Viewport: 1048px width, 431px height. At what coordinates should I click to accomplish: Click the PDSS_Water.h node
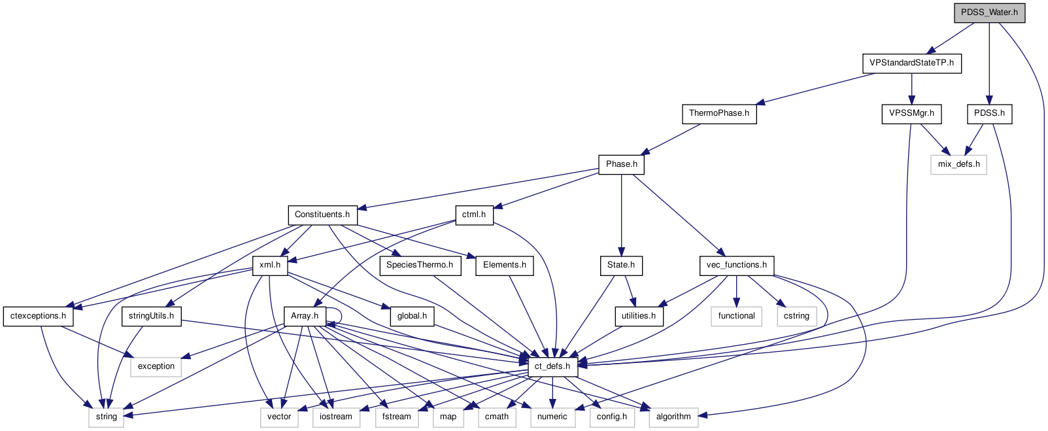[x=989, y=12]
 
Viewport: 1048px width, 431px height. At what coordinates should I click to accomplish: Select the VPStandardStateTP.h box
[x=911, y=63]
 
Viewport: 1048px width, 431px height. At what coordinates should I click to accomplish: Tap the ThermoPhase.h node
[x=718, y=113]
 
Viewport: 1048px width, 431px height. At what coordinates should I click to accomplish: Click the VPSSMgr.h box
[x=911, y=113]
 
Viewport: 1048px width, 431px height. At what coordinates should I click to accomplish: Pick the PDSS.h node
[x=989, y=113]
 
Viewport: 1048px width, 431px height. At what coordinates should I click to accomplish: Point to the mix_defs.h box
[x=958, y=164]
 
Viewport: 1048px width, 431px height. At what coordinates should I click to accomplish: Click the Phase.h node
[x=621, y=164]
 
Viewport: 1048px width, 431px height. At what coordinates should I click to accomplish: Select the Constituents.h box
[x=322, y=215]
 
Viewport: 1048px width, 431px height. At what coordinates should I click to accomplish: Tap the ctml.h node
[x=473, y=215]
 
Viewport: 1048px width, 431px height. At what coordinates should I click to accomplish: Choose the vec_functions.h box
[x=736, y=265]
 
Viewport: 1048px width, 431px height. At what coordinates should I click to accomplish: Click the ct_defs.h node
[x=552, y=366]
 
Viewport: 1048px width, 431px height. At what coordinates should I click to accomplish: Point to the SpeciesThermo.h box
[x=419, y=265]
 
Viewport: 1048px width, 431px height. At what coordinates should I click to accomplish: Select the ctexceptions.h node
[x=38, y=316]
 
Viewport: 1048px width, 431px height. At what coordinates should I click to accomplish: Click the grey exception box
[x=156, y=366]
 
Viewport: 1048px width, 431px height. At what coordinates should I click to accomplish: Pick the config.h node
[x=611, y=417]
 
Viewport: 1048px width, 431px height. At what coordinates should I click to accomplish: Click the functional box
[x=736, y=316]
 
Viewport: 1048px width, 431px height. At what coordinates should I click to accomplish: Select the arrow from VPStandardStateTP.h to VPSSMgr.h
[x=911, y=88]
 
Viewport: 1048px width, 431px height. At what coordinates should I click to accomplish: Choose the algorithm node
[x=673, y=417]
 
